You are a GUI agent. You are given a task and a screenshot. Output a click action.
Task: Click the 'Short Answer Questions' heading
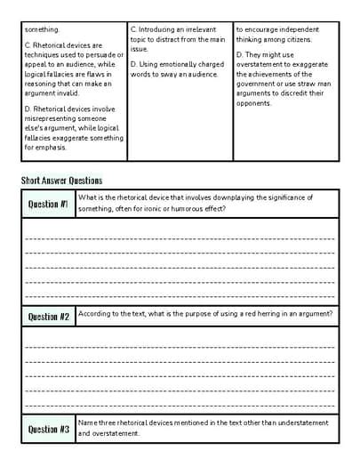pos(61,181)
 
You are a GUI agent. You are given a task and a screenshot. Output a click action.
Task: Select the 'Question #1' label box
pos(49,204)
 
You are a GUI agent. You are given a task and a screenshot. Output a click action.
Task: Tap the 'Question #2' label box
pos(49,317)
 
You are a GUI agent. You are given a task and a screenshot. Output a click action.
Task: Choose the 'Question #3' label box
pos(49,429)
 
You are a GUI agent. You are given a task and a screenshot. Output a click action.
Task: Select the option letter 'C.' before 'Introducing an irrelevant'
pos(133,29)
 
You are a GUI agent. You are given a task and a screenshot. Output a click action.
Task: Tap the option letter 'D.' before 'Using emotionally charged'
pos(133,64)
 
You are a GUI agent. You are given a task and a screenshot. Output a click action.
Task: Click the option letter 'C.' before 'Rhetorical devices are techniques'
pos(28,44)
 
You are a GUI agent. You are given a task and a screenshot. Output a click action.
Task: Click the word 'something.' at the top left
pos(42,29)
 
